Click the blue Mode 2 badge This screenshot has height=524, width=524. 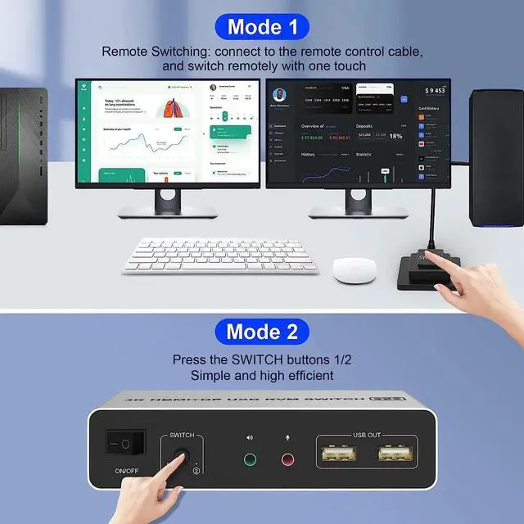[x=262, y=332]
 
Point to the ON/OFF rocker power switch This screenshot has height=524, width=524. [x=124, y=445]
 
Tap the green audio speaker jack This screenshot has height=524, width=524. [x=250, y=458]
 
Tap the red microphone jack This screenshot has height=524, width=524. [x=287, y=458]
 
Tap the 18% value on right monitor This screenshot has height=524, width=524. [x=395, y=136]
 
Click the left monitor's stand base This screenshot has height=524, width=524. [x=167, y=211]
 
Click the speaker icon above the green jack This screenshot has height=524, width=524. [x=250, y=437]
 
